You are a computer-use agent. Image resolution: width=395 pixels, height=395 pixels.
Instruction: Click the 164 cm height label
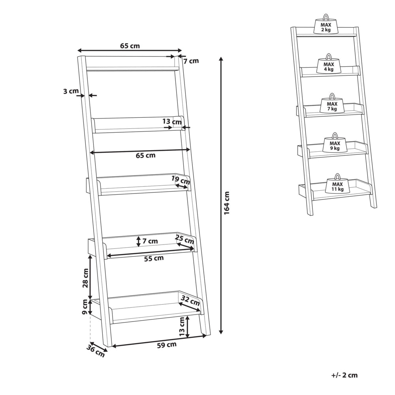[227, 203]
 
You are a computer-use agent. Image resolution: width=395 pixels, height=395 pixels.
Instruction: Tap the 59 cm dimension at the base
[167, 345]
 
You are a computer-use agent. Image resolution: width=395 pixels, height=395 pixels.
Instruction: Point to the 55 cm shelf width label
[154, 258]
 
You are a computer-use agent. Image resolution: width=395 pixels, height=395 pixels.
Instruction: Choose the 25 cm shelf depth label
[184, 239]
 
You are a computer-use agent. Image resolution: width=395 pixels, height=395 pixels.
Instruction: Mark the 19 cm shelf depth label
[181, 180]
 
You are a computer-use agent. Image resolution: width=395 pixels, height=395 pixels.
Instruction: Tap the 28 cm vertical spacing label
[85, 278]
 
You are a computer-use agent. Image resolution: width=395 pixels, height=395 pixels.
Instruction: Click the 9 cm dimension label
[85, 307]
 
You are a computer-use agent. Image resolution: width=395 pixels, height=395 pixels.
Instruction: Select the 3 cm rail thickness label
[71, 91]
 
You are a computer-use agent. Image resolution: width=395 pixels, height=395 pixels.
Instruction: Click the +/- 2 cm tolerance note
[344, 375]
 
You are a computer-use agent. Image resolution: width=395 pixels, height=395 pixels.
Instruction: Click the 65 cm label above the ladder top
[130, 46]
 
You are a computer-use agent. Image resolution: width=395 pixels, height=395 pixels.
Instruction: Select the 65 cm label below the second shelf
[146, 155]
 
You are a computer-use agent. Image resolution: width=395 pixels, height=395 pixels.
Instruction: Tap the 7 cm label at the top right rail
[191, 61]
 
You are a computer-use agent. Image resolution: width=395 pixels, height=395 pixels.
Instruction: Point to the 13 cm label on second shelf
[172, 122]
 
